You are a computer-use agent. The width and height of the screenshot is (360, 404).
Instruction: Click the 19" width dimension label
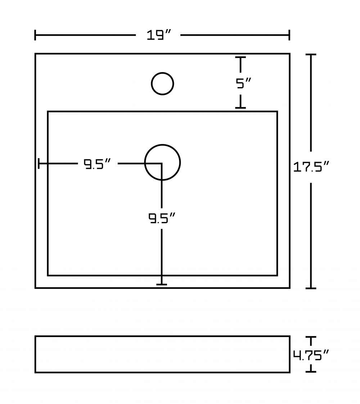click(159, 35)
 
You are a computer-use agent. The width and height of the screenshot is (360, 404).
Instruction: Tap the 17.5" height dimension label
click(311, 167)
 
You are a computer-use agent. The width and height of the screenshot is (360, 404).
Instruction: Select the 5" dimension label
click(243, 83)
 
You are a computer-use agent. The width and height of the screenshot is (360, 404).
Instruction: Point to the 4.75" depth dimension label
click(311, 355)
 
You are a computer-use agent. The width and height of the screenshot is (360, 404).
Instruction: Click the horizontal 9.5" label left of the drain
click(97, 164)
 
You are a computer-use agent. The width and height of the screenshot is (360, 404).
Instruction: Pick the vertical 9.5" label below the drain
click(162, 218)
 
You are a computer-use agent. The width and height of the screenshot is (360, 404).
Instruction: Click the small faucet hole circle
click(162, 73)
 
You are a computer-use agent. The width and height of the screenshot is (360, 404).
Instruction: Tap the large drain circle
click(162, 145)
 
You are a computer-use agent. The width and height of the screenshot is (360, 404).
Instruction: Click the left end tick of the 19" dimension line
click(35, 35)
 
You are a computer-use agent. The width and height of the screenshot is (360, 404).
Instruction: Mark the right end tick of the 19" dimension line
click(289, 35)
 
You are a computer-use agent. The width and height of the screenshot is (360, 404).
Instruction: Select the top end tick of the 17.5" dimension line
click(311, 55)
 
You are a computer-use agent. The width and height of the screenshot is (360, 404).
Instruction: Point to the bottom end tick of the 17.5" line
click(311, 288)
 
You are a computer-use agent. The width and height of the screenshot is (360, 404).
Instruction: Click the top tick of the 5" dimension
click(240, 58)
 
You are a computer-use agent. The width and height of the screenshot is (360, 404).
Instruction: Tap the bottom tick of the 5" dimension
click(240, 108)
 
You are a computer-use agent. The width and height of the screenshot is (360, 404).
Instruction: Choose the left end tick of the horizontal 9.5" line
click(39, 164)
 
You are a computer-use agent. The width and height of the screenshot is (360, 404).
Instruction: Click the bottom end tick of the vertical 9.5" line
click(162, 285)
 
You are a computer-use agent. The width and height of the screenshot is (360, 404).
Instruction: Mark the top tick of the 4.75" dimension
click(311, 337)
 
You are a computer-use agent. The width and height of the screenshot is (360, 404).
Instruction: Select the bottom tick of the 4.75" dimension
click(311, 372)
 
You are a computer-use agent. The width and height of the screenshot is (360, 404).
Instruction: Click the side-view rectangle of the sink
click(162, 336)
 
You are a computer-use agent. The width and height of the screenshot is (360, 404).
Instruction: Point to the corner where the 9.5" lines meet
click(162, 164)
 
